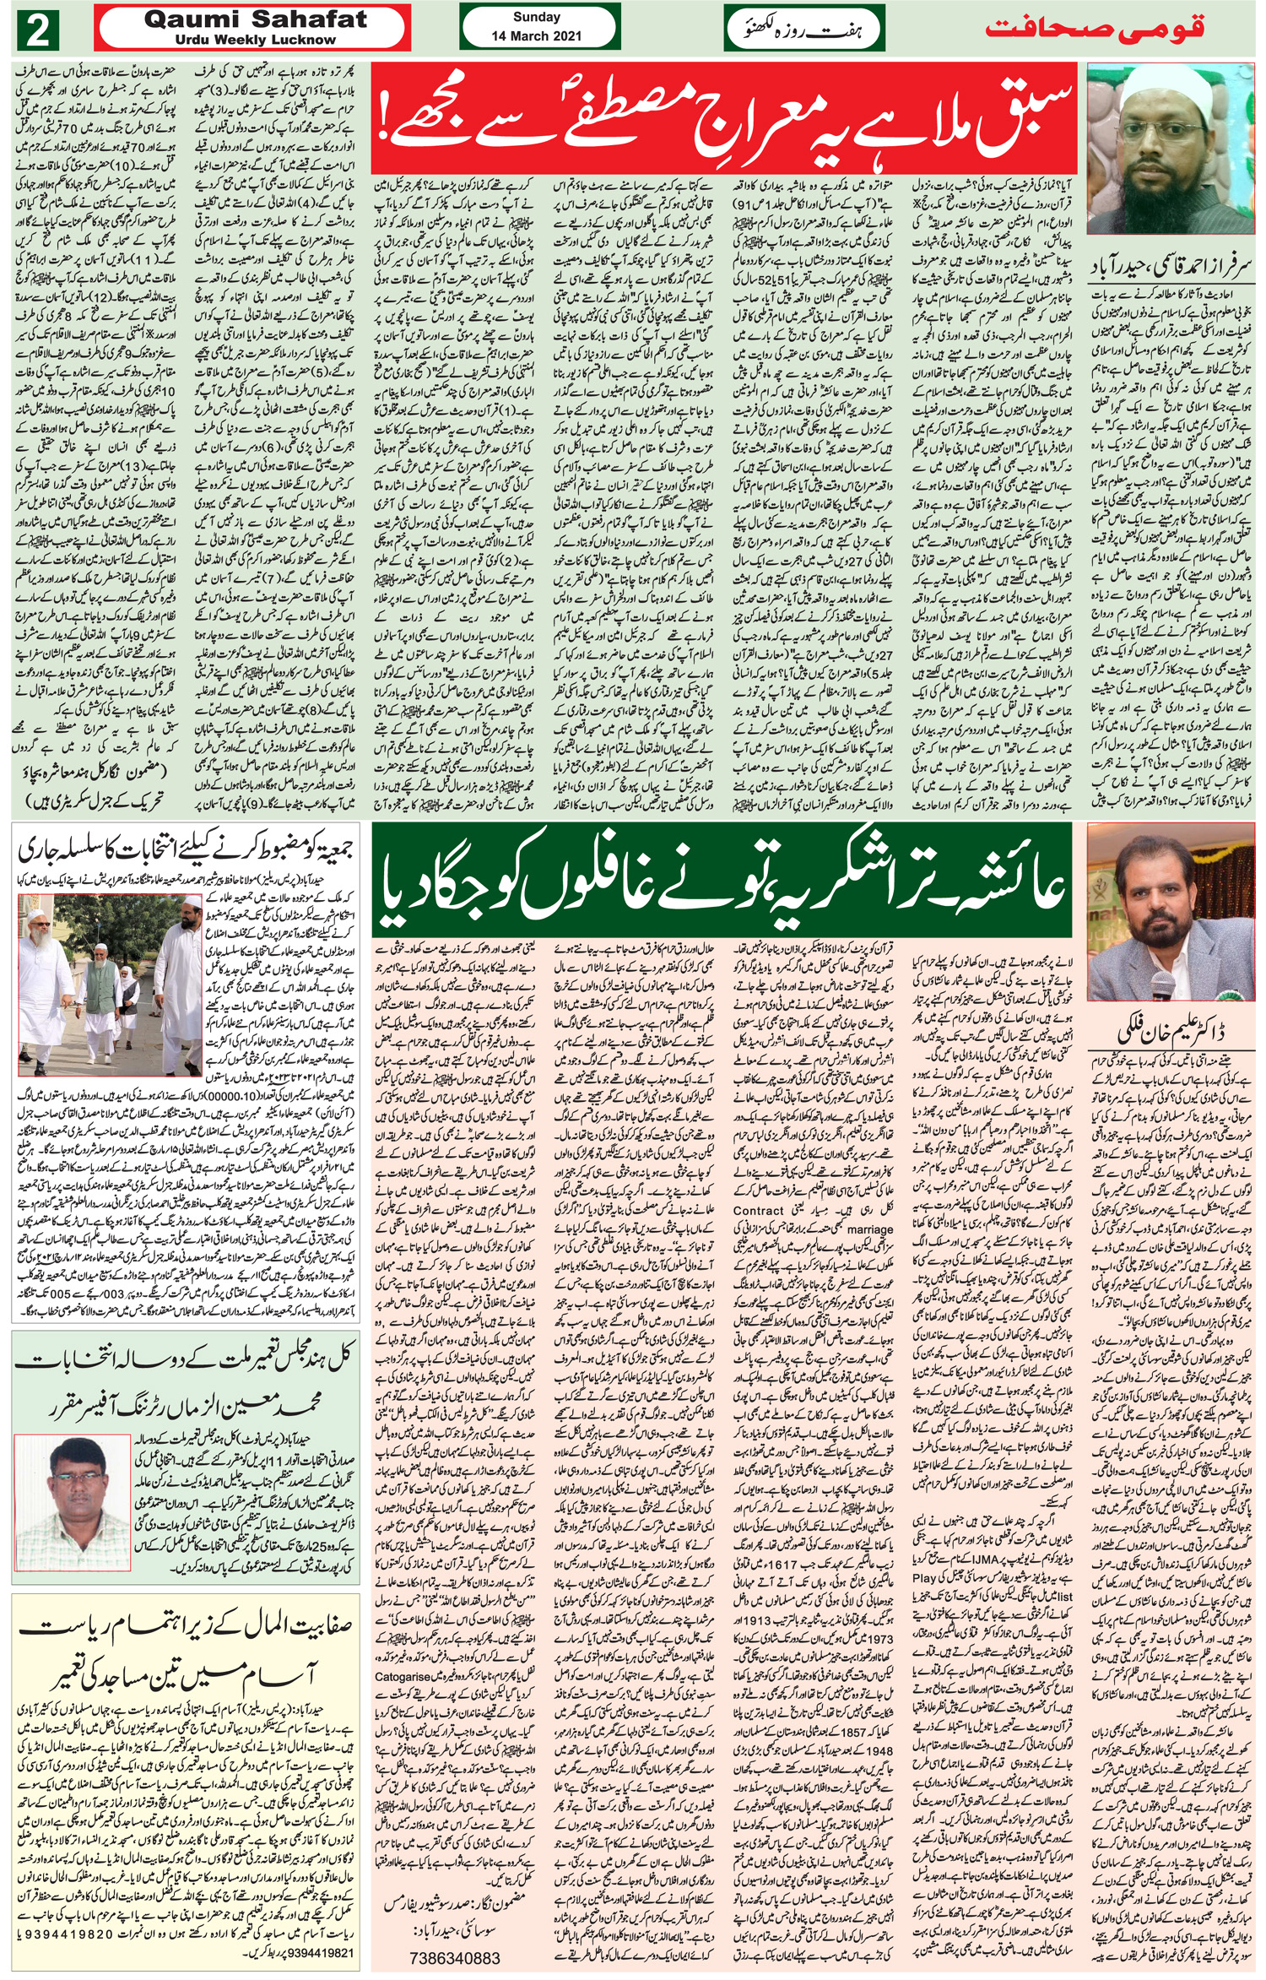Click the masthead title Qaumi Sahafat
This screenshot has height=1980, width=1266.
(256, 19)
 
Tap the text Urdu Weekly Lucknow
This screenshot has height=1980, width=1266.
(256, 40)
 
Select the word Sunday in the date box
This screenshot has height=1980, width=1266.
(537, 17)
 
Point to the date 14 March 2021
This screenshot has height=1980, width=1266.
(537, 36)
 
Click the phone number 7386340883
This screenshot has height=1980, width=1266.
(454, 1957)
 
